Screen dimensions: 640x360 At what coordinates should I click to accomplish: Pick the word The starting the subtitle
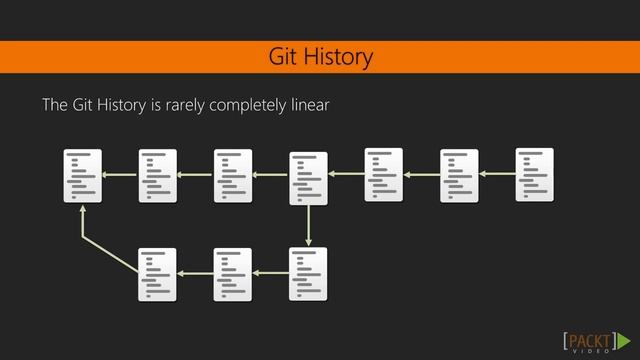tap(54, 105)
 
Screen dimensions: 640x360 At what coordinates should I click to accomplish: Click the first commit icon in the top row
tap(83, 176)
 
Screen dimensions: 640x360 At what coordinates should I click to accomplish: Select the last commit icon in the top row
tap(534, 174)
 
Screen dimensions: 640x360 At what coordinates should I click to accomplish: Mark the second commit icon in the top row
tap(158, 176)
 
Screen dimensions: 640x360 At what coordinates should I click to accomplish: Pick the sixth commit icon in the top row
tap(459, 176)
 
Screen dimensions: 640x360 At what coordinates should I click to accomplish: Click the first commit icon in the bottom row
tap(158, 274)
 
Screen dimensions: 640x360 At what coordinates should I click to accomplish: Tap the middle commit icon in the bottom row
tap(233, 274)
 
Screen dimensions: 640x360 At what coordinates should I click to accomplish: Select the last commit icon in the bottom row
tap(308, 274)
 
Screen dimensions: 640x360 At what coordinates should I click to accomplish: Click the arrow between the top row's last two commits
tap(497, 174)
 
